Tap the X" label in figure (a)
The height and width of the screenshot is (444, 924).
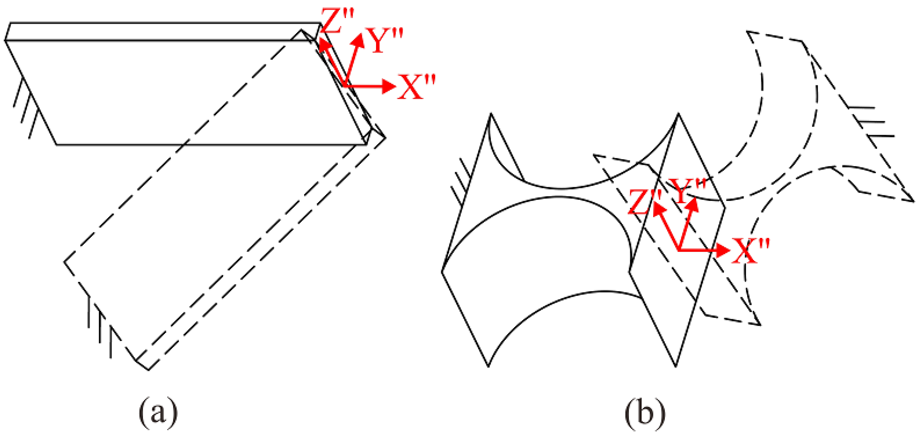pyautogui.click(x=416, y=87)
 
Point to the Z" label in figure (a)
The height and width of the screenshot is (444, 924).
pyautogui.click(x=337, y=21)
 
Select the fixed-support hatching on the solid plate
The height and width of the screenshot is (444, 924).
pyautogui.click(x=25, y=108)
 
